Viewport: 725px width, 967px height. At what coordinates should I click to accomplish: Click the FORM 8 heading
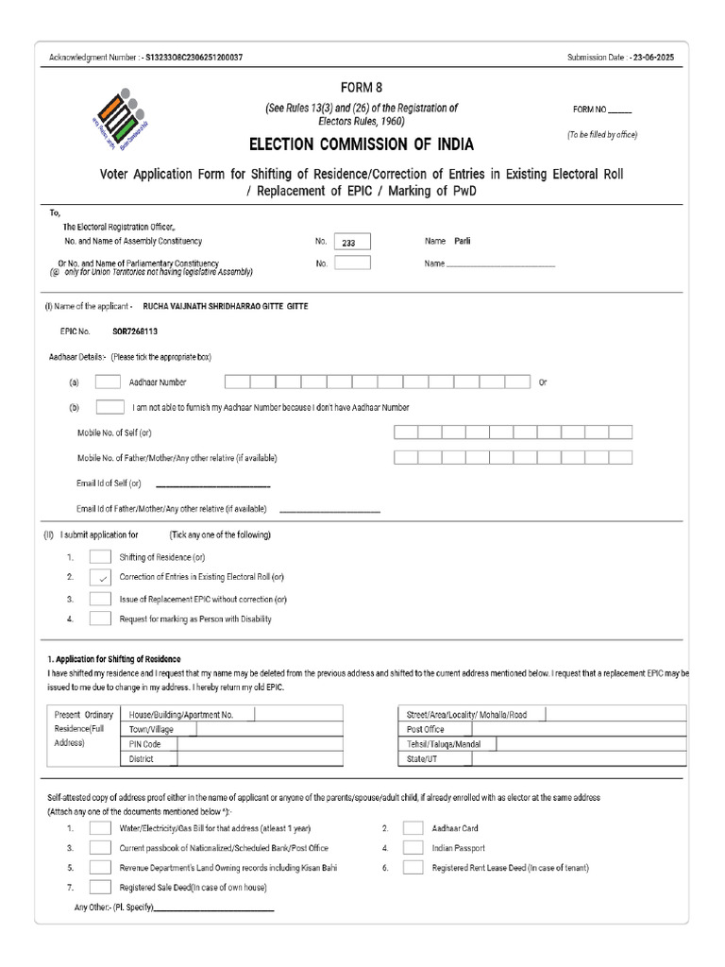click(362, 88)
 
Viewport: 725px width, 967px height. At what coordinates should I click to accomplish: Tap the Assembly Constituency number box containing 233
click(352, 242)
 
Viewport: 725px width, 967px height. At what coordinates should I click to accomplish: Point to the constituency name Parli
click(462, 241)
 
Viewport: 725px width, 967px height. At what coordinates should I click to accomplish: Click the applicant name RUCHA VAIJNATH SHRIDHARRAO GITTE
click(225, 307)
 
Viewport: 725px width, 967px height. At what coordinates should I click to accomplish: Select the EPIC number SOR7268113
click(135, 332)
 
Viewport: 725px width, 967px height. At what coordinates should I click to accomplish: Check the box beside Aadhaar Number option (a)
click(108, 382)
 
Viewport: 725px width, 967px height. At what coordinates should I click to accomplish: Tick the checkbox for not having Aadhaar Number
click(110, 408)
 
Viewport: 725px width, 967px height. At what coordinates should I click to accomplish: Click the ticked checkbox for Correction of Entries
click(101, 577)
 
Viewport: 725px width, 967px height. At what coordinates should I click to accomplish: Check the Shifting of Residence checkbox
click(101, 557)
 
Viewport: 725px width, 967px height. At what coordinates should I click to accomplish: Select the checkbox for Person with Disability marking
click(101, 619)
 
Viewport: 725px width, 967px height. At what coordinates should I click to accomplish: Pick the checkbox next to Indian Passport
click(413, 848)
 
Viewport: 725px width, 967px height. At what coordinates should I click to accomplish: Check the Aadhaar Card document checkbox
click(413, 828)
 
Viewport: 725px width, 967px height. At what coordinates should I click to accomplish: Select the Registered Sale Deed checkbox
click(101, 888)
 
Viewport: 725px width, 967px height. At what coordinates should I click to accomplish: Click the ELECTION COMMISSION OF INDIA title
click(362, 144)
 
